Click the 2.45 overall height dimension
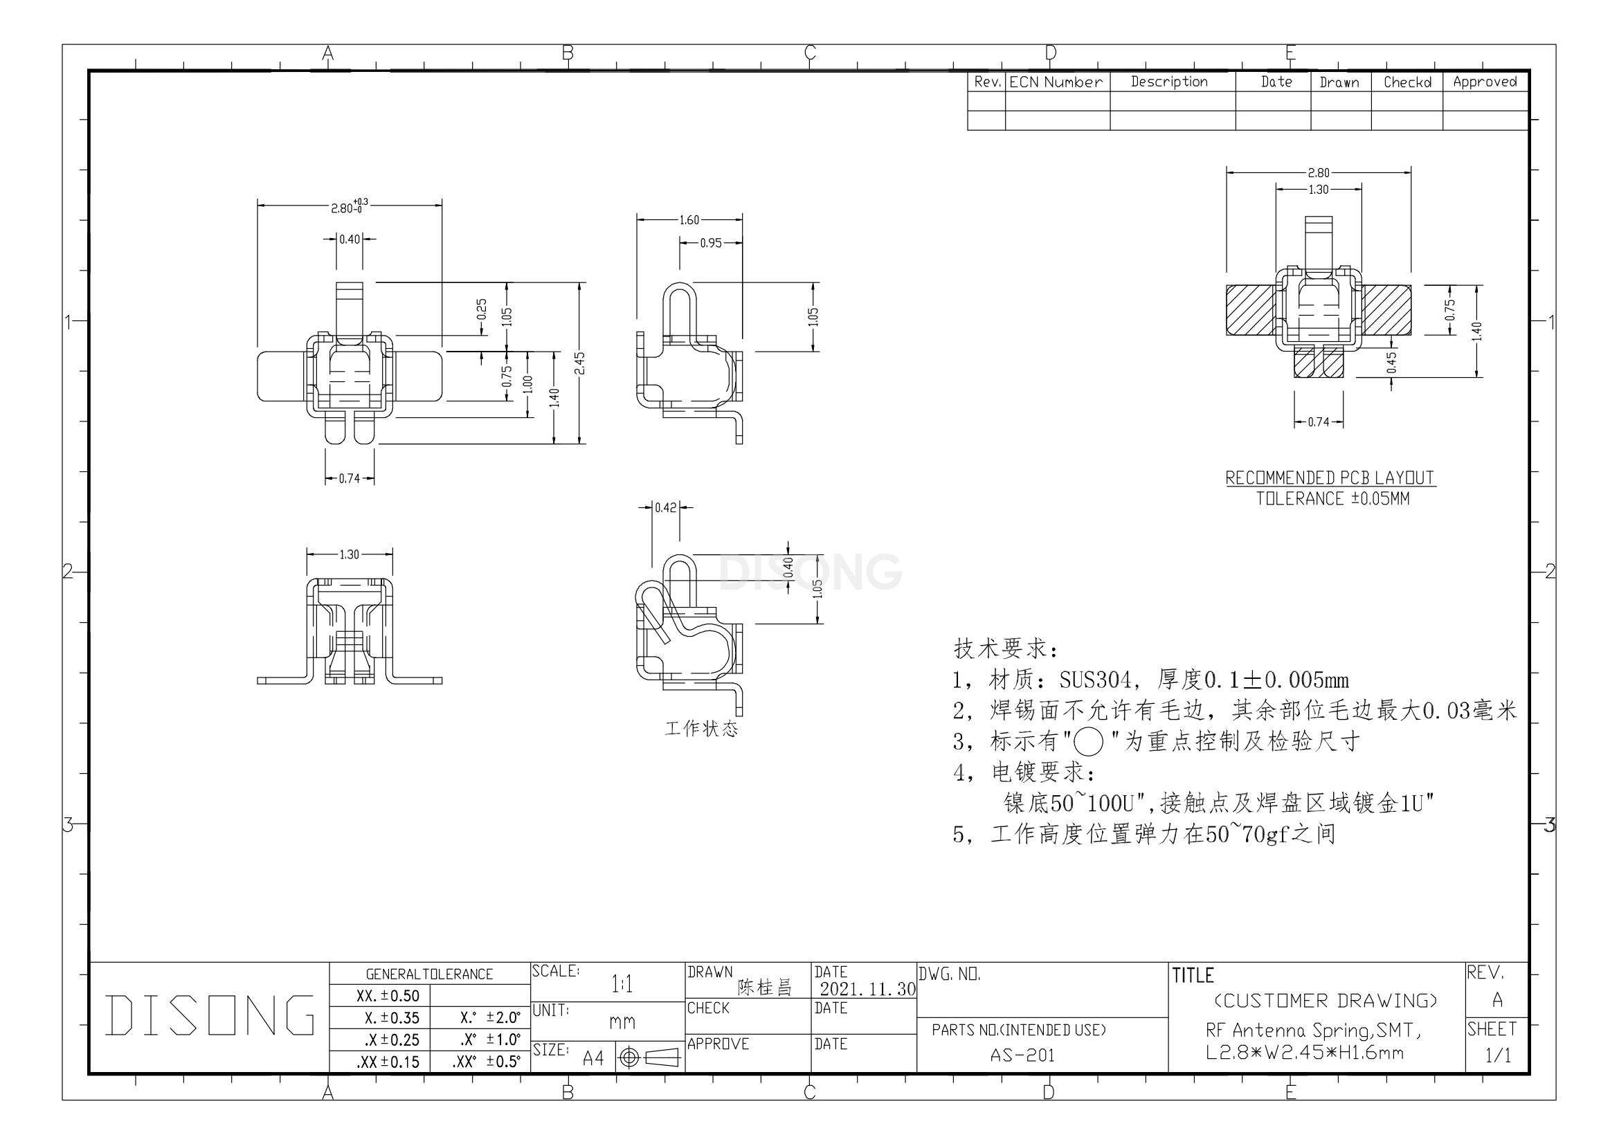coord(579,364)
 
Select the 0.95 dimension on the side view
coord(711,243)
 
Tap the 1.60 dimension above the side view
coord(689,220)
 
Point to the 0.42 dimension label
coord(666,507)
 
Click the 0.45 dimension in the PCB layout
coord(1391,363)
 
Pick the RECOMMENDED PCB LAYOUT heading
coord(1330,478)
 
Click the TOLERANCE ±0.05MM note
coord(1332,498)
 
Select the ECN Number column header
coord(1056,82)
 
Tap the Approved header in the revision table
coord(1485,82)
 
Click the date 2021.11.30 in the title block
coord(867,989)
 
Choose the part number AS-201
coord(1022,1055)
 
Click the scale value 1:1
coord(622,984)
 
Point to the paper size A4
coord(593,1058)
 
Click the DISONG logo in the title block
coord(210,1015)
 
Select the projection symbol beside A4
coord(649,1058)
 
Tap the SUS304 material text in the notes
coord(1095,680)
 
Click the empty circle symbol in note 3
coord(1088,742)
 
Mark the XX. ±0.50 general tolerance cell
coord(388,996)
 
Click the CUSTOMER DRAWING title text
coord(1326,1001)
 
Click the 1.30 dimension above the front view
coord(350,555)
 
